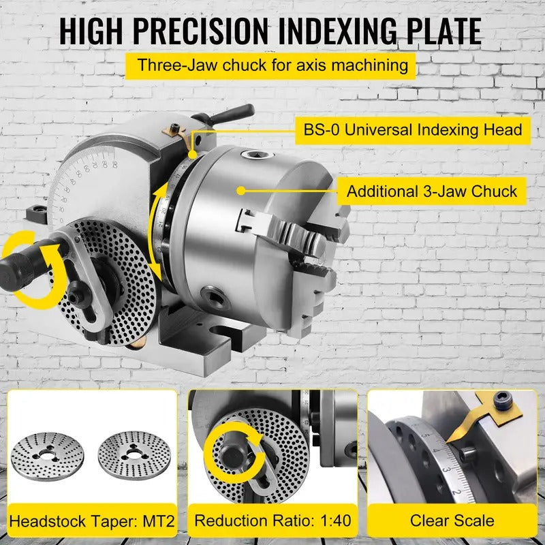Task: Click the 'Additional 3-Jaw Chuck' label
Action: point(432,191)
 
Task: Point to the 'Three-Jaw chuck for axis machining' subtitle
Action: point(272,66)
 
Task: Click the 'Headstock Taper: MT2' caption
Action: point(92,521)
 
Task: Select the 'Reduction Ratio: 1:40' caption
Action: point(272,521)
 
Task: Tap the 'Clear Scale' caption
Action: point(452,521)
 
